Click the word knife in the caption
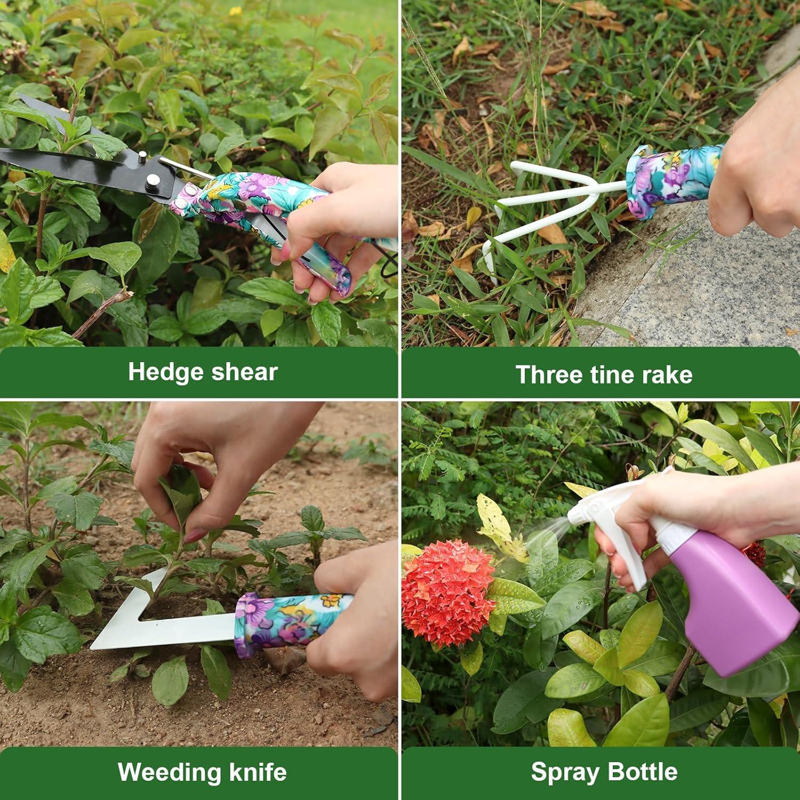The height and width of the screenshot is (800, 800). tap(259, 772)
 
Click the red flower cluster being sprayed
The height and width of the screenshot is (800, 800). tap(448, 592)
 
